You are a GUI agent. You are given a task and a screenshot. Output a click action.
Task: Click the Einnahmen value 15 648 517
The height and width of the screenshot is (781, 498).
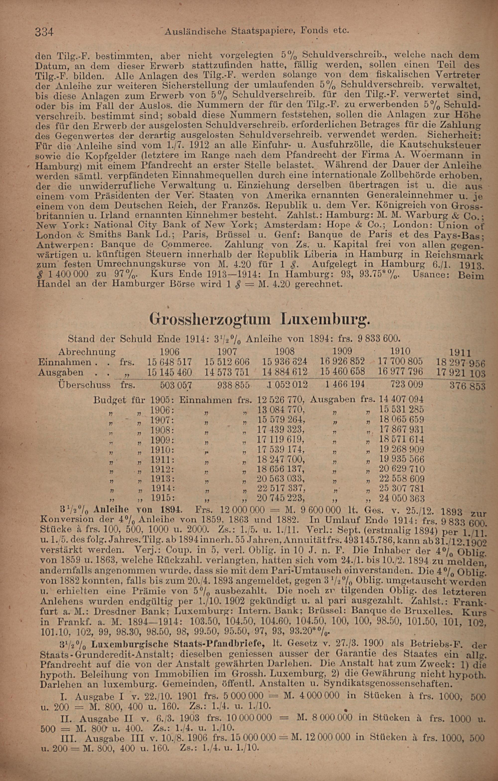coord(170,362)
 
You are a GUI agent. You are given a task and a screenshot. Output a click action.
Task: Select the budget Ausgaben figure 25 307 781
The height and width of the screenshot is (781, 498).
coord(401,488)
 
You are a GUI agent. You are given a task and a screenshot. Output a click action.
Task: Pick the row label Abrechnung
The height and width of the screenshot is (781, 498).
coord(87,352)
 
